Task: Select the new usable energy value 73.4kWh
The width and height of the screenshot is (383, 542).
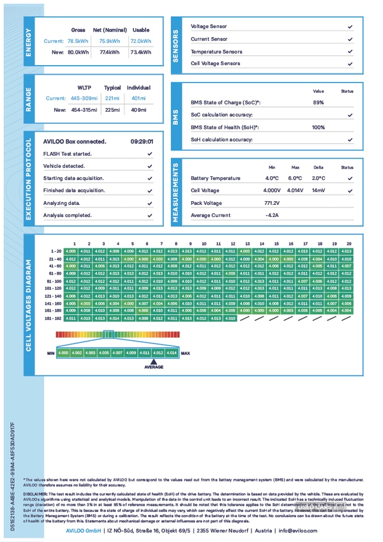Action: tap(140, 52)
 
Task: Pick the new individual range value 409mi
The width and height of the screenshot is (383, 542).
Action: tap(139, 110)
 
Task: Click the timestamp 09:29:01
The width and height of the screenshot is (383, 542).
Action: tap(141, 142)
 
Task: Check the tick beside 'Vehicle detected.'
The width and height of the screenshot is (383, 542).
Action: tap(149, 166)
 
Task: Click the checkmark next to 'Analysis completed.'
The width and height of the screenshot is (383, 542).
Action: tap(149, 215)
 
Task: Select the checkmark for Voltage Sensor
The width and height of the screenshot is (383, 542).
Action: tap(350, 27)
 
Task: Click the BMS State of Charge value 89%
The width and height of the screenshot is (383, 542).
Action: tap(318, 103)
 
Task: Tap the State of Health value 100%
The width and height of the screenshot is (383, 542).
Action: tap(318, 128)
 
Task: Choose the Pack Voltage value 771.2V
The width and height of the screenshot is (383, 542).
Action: tap(272, 203)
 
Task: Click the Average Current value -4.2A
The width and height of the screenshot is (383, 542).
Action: tap(272, 215)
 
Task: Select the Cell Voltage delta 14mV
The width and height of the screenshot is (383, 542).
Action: tap(318, 191)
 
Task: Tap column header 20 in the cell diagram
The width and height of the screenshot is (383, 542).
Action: tap(349, 243)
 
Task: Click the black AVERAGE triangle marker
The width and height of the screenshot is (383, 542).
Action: tap(153, 361)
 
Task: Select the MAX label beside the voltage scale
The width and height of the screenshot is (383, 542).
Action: tap(186, 352)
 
